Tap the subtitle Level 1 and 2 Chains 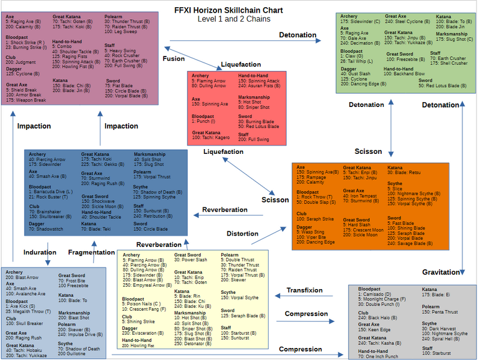[234, 19]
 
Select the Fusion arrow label [174, 58]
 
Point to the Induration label [40, 252]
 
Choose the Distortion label [242, 233]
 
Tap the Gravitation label [440, 272]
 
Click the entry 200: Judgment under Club [22, 62]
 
